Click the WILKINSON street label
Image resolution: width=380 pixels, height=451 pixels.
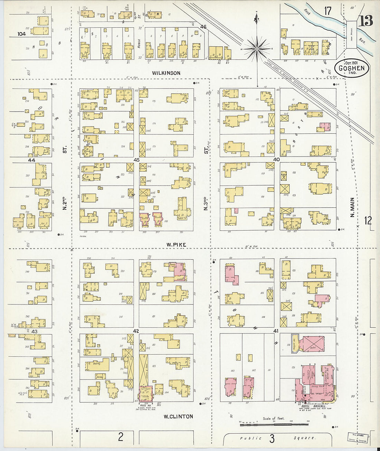pos(166,73)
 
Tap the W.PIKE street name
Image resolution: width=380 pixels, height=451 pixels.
pos(176,245)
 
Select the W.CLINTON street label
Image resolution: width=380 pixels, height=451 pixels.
pos(178,416)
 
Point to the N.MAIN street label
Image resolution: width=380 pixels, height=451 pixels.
pos(352,207)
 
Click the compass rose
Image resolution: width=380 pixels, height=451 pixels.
pos(257,49)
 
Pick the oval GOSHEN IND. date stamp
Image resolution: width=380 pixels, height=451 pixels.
pos(351,68)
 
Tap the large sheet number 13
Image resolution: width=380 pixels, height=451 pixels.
pos(365,21)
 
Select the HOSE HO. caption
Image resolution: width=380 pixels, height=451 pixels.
pos(146,405)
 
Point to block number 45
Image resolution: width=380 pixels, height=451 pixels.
pos(136,160)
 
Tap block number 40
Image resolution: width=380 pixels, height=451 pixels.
pos(276,160)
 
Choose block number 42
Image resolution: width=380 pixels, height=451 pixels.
pos(136,331)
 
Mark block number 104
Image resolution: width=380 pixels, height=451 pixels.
pos(22,34)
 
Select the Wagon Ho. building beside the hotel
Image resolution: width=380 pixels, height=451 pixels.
pos(294,345)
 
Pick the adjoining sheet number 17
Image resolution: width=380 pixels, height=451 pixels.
pos(327,11)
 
